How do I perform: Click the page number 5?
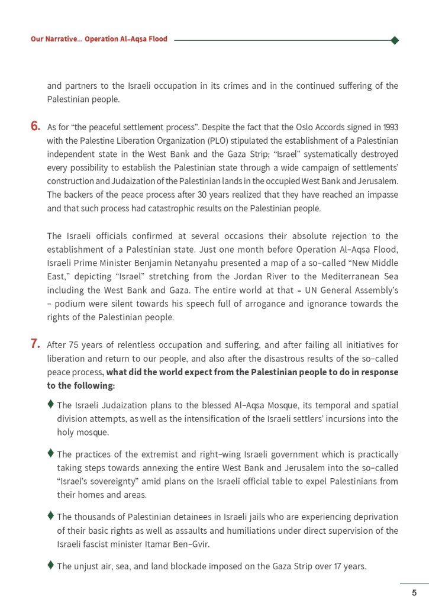pos(414,592)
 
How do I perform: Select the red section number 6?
pos(36,126)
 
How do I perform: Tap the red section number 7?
pos(36,344)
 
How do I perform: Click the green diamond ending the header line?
pos(395,40)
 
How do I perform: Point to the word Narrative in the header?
pos(64,39)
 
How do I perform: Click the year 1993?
pos(390,127)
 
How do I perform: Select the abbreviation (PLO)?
pos(235,141)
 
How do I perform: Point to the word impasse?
pos(380,195)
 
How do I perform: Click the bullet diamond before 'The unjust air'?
pos(51,565)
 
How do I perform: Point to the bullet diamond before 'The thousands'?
pos(51,516)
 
